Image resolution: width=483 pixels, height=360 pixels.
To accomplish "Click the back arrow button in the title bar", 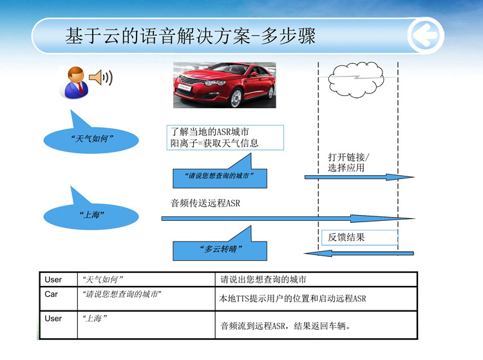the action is [426, 35].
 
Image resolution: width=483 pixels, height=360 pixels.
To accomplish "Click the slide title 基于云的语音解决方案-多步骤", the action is [191, 35].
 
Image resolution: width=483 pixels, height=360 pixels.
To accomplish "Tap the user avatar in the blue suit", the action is [75, 82].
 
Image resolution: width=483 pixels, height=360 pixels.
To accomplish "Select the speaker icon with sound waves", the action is [100, 77].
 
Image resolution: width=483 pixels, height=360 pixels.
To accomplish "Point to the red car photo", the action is [225, 85].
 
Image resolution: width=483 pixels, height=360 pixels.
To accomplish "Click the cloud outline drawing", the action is [356, 79].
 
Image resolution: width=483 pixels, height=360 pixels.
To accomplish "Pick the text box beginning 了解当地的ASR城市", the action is [225, 137].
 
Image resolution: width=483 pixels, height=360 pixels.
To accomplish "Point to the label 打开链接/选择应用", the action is [348, 162].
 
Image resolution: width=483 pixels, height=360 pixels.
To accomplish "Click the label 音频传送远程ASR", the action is [205, 203].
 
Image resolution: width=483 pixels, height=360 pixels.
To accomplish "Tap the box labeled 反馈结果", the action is [359, 238].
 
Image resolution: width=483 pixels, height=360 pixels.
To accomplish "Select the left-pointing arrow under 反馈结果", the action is [359, 253].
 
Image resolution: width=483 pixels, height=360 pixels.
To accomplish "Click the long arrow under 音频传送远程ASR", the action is [288, 218].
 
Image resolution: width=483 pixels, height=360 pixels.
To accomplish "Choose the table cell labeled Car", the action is [59, 298].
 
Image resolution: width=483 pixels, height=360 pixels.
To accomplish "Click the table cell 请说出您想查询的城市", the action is [316, 279].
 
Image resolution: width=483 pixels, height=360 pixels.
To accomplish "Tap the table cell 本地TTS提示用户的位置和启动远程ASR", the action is [316, 298].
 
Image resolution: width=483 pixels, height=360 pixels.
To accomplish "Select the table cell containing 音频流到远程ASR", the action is [316, 325].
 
